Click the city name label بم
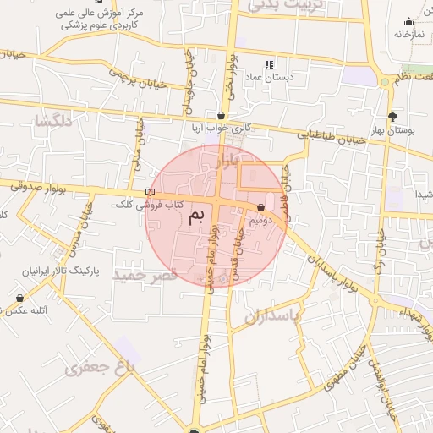pos(195,217)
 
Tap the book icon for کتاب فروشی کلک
pos(151,193)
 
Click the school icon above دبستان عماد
pos(269,63)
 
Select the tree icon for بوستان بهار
pos(392,117)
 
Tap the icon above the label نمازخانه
pos(409,22)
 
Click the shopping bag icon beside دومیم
pos(260,207)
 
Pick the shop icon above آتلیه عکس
pos(19,299)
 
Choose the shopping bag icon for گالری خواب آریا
pos(222,115)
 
